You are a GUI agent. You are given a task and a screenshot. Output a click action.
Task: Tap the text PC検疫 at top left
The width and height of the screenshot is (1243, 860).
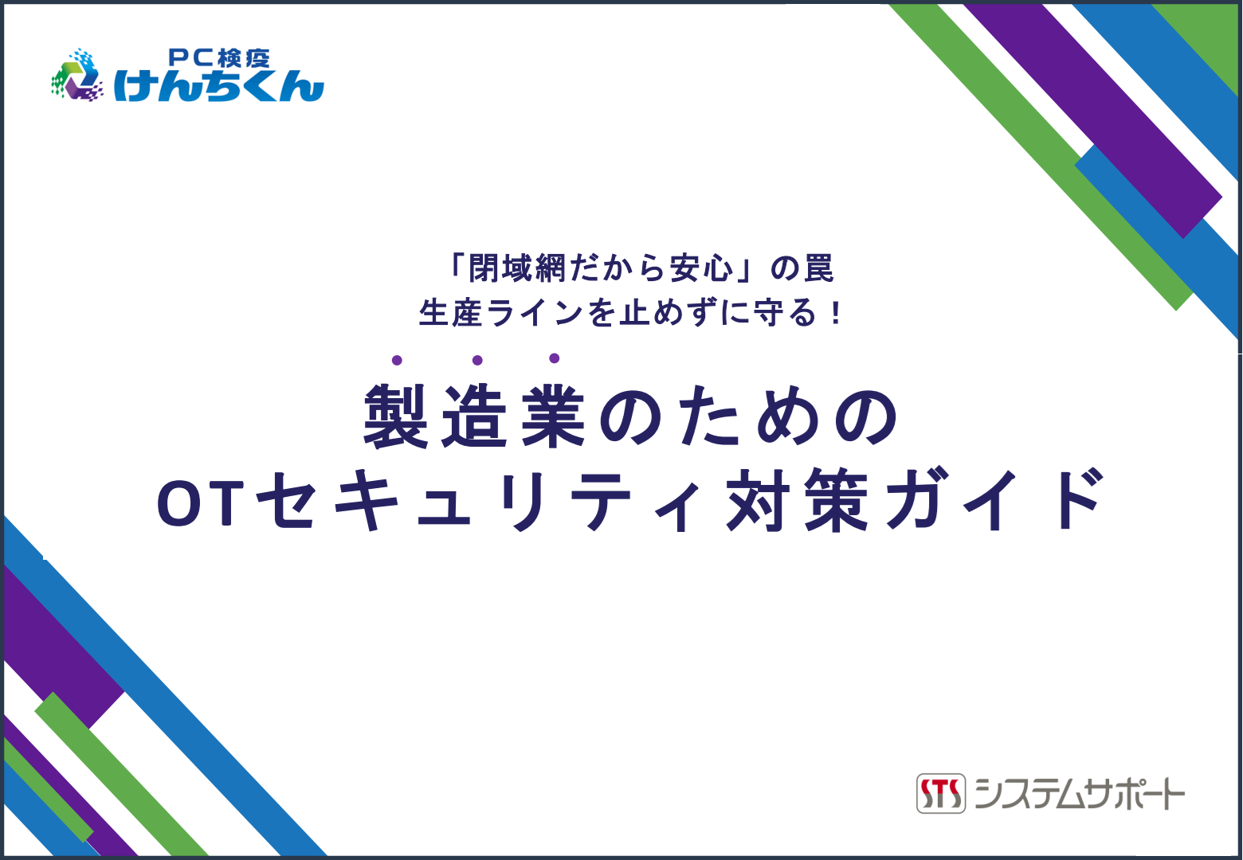click(219, 57)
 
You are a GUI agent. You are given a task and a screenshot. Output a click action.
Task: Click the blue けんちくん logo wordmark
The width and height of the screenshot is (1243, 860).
click(218, 85)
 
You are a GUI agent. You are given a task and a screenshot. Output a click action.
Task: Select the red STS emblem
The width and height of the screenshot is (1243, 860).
click(940, 793)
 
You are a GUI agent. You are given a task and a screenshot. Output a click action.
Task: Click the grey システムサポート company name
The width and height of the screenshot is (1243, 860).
click(1080, 793)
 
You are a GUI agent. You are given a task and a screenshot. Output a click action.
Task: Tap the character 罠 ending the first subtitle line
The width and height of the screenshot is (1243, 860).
click(818, 269)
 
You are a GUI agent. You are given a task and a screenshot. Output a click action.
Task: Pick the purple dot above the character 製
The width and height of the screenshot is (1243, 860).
click(397, 361)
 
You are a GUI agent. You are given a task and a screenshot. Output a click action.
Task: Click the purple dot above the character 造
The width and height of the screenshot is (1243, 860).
click(477, 361)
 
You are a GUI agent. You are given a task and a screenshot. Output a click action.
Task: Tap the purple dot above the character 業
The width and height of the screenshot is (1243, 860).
click(554, 358)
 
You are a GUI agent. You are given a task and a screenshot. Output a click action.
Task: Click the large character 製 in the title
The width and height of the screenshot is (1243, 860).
click(396, 416)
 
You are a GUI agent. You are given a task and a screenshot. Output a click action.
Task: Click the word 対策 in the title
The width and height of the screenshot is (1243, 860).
click(797, 501)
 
